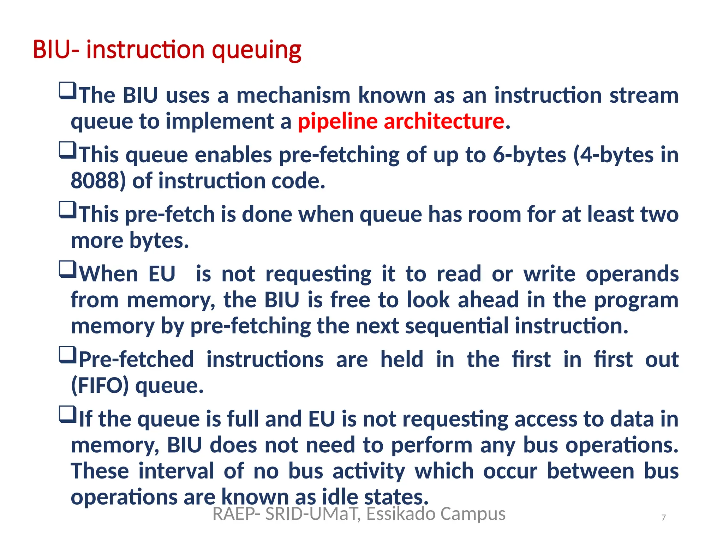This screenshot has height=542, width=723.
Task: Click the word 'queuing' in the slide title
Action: click(256, 50)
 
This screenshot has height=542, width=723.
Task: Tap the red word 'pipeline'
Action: click(337, 122)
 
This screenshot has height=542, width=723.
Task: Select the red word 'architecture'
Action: click(444, 121)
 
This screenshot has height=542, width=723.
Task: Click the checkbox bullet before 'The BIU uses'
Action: click(67, 91)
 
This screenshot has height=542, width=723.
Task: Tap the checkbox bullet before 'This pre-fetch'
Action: click(67, 210)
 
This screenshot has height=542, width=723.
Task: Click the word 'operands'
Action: click(632, 274)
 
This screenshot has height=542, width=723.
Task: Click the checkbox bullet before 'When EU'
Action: click(67, 269)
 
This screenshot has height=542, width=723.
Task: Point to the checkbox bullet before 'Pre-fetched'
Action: click(67, 355)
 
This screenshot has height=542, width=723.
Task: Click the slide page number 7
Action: click(664, 518)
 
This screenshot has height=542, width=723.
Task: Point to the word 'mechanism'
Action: click(293, 96)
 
